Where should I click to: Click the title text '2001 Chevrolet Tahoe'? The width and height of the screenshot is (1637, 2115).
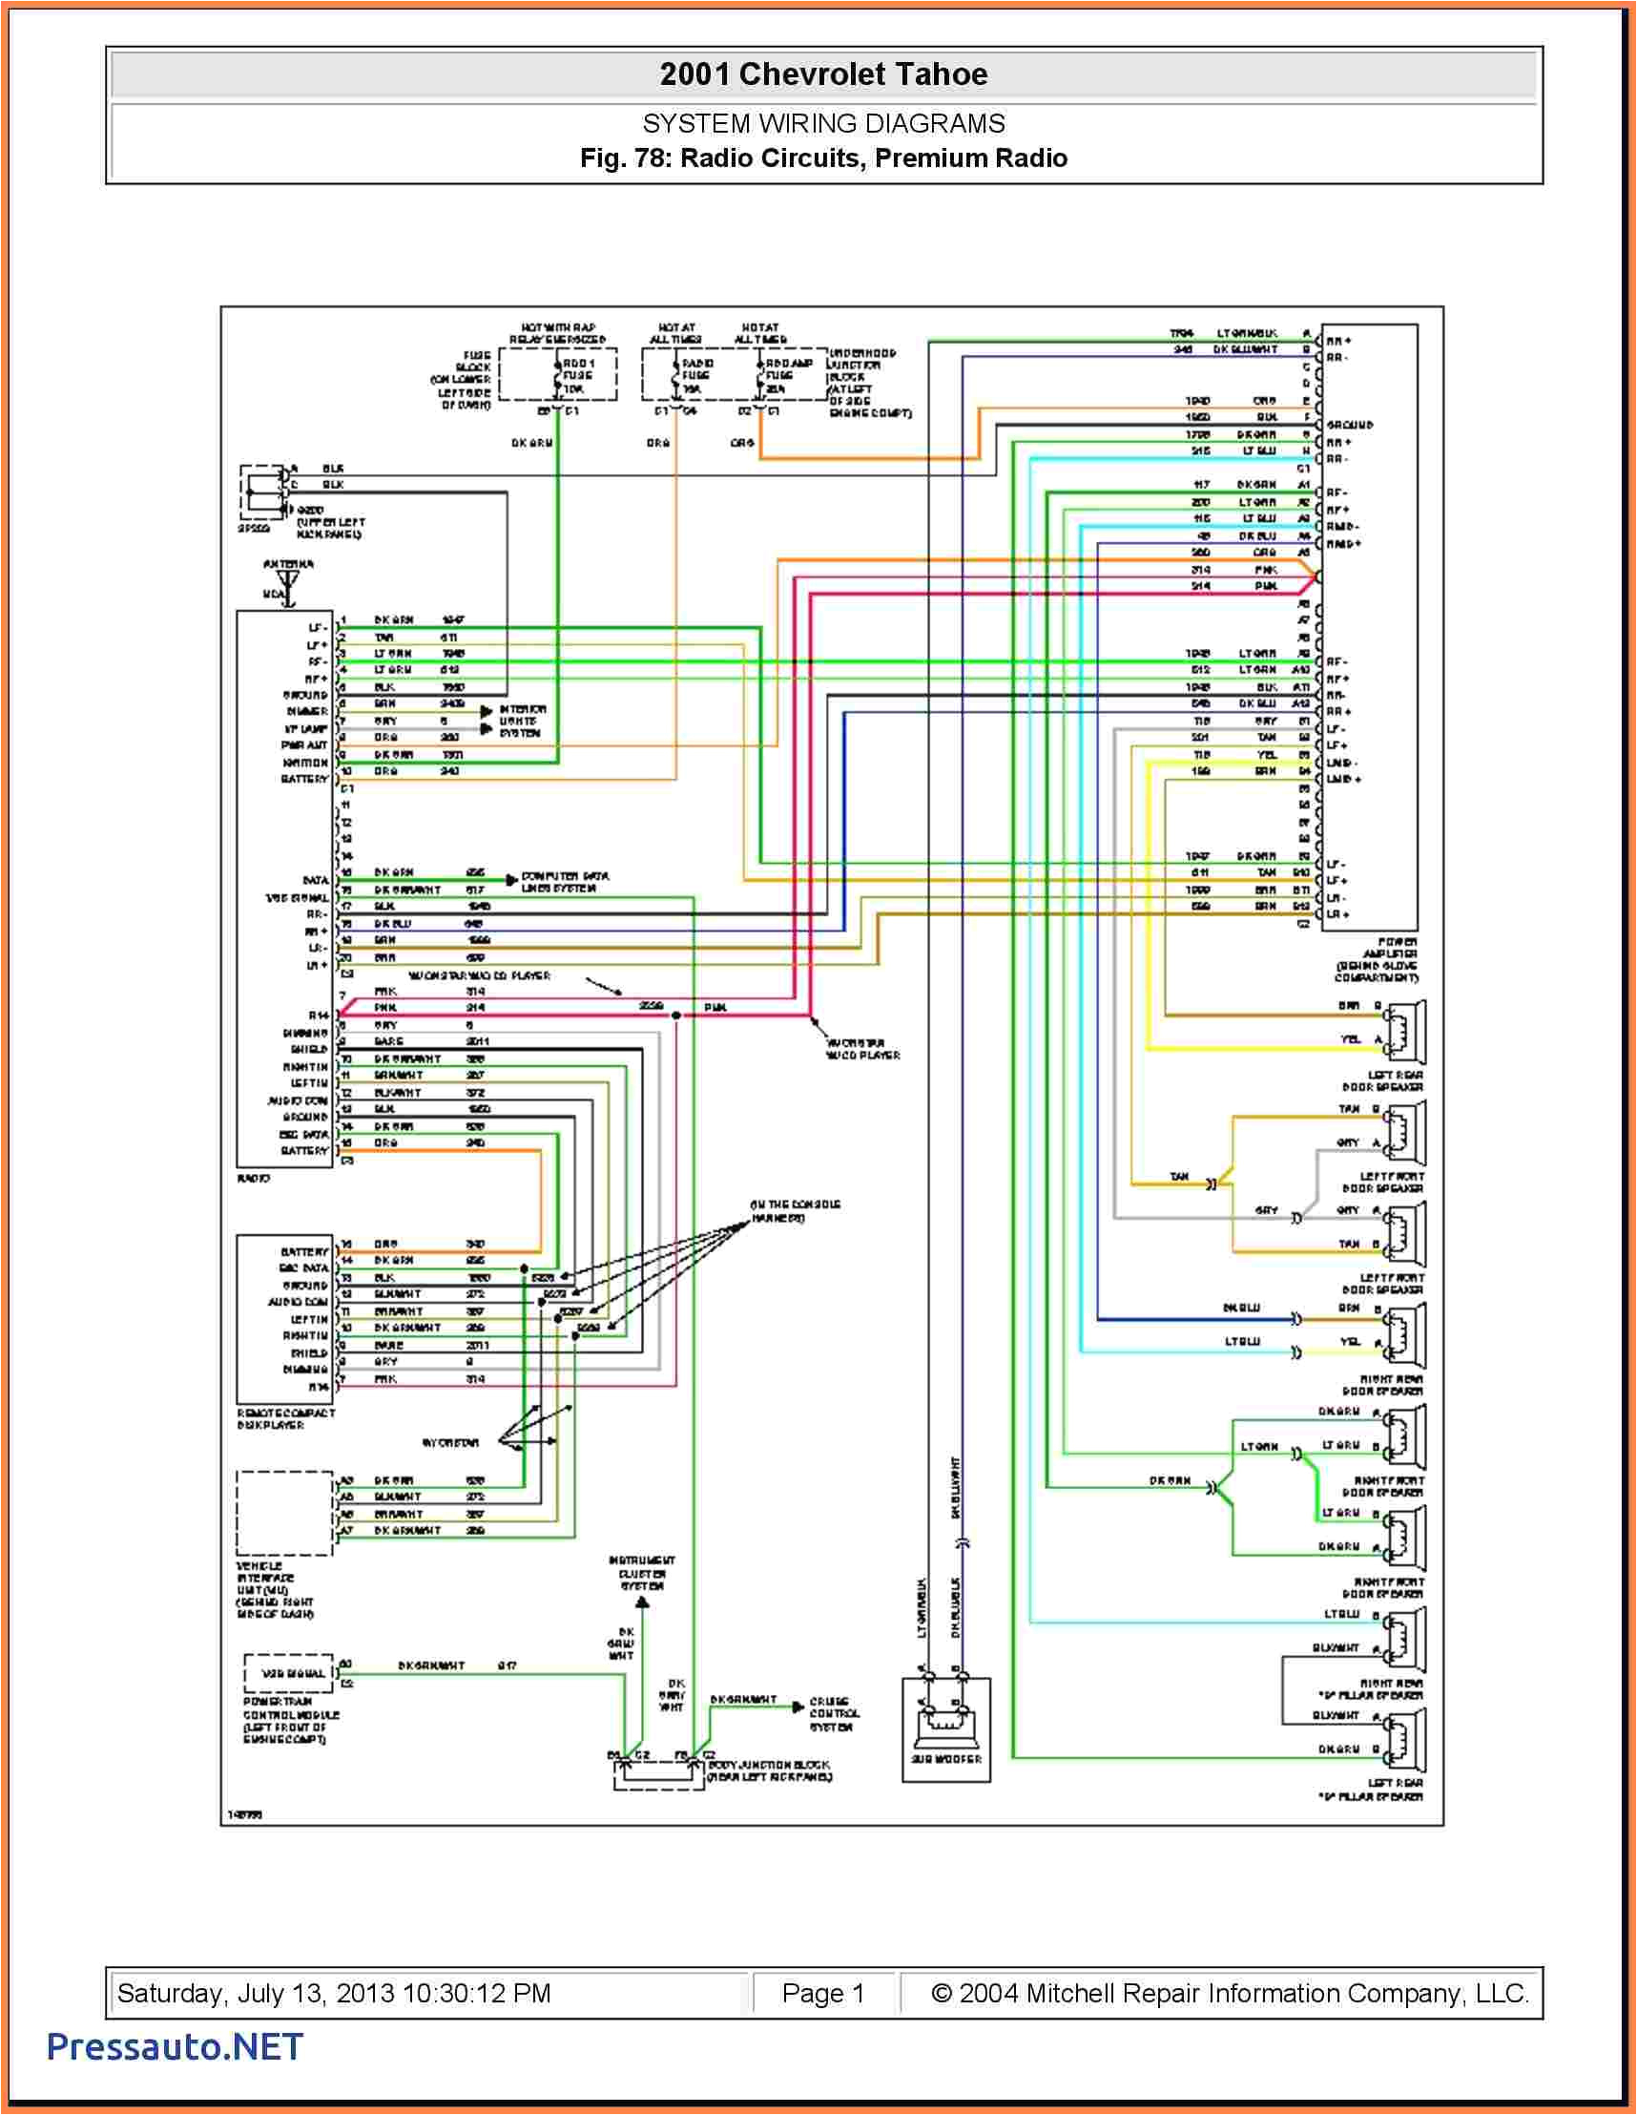pyautogui.click(x=823, y=74)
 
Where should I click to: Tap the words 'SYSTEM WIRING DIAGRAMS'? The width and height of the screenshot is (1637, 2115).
pyautogui.click(x=823, y=124)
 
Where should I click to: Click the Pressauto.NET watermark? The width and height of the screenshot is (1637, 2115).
pyautogui.click(x=176, y=2046)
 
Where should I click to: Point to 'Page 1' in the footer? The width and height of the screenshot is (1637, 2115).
pyautogui.click(x=823, y=1993)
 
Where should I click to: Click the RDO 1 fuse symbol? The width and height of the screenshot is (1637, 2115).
pyautogui.click(x=558, y=376)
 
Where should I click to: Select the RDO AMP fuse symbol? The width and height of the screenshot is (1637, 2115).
pyautogui.click(x=761, y=376)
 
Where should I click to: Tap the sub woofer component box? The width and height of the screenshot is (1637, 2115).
pyautogui.click(x=945, y=1728)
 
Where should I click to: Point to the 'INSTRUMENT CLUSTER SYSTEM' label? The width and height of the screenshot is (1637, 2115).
pyautogui.click(x=642, y=1574)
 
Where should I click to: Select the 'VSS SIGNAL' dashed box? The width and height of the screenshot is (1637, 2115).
pyautogui.click(x=288, y=1673)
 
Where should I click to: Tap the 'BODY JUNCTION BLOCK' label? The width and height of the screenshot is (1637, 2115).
pyautogui.click(x=770, y=1770)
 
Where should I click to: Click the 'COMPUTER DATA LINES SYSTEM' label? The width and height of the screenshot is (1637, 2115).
pyautogui.click(x=565, y=881)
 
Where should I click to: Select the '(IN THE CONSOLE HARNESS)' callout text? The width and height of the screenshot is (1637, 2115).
pyautogui.click(x=795, y=1210)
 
